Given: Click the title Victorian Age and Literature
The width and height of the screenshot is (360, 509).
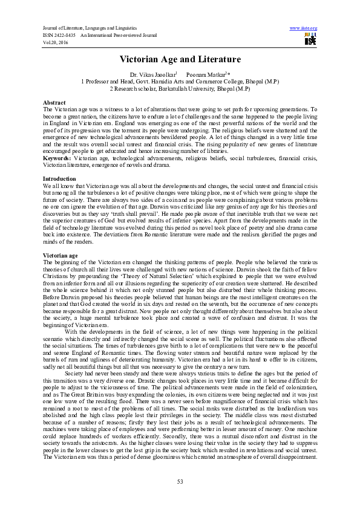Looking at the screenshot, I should pos(180,59).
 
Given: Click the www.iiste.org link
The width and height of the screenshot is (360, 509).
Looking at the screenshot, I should pos(304,28).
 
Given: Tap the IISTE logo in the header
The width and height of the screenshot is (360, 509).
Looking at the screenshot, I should pos(310,39).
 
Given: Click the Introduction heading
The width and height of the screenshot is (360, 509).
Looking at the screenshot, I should pos(59,179).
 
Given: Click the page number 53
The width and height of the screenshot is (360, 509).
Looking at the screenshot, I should pos(180,481).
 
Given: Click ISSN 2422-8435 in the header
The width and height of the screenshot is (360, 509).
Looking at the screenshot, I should pos(59,34).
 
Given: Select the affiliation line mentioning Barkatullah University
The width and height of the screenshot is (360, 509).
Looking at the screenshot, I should pos(180,88).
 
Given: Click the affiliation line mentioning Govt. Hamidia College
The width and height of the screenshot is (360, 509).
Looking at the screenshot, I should pos(180,80).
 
